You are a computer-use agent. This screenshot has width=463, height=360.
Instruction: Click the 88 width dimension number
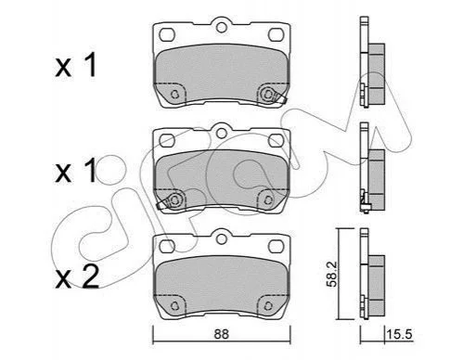222,334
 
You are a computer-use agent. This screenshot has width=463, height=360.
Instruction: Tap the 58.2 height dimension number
332,274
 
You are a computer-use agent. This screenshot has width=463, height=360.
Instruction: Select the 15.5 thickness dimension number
399,334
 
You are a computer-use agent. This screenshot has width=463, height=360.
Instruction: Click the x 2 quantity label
77,277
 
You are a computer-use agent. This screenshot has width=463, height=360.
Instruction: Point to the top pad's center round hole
222,28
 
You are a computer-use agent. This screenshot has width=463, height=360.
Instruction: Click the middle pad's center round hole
222,134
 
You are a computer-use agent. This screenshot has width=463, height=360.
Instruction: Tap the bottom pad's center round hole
222,239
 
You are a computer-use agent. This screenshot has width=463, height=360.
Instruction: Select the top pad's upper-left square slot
167,34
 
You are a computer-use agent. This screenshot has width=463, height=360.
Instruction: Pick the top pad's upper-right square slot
276,34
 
